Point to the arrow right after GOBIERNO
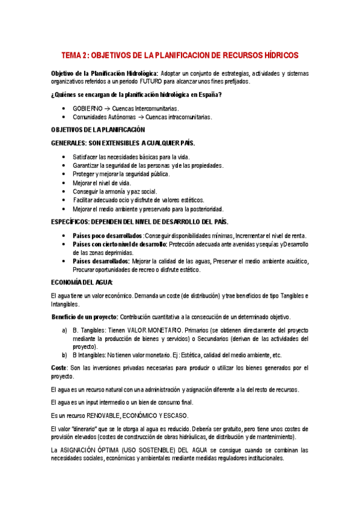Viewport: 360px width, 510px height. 107,108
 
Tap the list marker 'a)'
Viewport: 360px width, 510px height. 65,331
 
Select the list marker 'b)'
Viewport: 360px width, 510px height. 65,355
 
